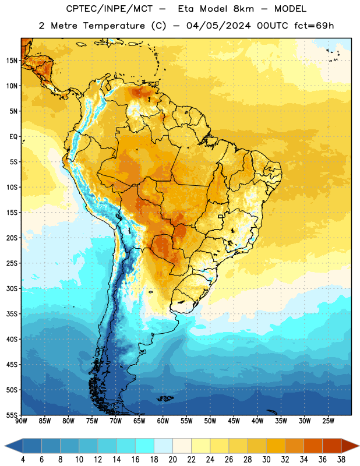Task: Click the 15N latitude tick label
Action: [12, 61]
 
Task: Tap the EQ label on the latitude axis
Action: [13, 137]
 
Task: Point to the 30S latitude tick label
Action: [12, 288]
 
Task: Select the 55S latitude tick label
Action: [12, 415]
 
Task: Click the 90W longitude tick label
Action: [21, 421]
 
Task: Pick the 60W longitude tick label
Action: [163, 421]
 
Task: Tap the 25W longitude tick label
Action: [328, 421]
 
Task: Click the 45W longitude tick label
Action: [234, 421]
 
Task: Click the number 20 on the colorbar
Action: [172, 460]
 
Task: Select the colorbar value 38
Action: [341, 460]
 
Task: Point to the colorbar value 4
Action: [23, 460]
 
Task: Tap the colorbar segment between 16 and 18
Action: [144, 446]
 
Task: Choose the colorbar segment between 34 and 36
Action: [313, 446]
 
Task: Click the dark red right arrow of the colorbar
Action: [350, 446]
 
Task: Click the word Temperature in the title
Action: [114, 26]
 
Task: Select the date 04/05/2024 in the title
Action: [218, 26]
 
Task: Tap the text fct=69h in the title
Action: [314, 26]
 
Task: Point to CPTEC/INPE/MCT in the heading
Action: [109, 9]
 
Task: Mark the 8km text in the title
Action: [243, 9]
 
